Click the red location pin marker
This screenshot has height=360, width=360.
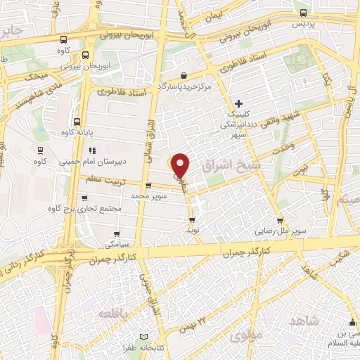click(181, 164)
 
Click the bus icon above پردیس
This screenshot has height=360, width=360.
click(303, 12)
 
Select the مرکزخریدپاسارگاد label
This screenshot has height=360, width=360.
click(185, 86)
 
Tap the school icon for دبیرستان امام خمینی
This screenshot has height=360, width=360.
click(91, 150)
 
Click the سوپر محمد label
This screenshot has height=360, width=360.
click(150, 195)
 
